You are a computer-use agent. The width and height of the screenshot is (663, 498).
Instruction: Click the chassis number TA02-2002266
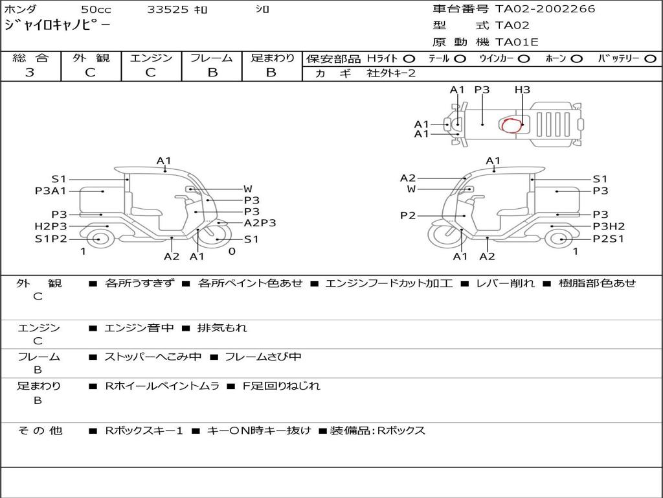[x=545, y=9]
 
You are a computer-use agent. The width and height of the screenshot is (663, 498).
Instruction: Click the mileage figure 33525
[x=167, y=9]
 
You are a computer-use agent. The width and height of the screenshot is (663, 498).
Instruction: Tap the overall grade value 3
[x=30, y=73]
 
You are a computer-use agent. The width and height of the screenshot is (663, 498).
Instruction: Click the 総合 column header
[x=30, y=58]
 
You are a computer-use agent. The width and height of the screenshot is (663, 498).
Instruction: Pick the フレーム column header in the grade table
[x=212, y=58]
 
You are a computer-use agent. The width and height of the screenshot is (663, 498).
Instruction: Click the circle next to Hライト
[x=409, y=59]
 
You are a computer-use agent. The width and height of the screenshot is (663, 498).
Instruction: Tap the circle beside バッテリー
[x=650, y=59]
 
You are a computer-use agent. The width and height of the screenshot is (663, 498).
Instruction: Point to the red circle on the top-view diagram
[x=511, y=125]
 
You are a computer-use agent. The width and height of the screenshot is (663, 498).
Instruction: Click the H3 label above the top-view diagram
[x=523, y=89]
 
